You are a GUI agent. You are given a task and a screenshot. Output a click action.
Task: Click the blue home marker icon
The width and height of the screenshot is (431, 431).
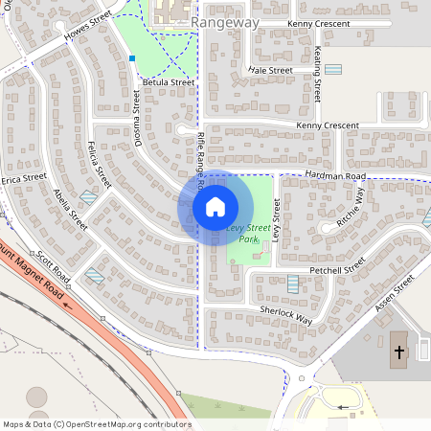click(215, 207)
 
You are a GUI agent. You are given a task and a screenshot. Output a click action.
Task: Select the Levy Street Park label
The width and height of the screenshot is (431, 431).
click(249, 234)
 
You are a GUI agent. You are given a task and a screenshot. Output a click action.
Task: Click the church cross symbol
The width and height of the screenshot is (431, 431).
click(398, 352)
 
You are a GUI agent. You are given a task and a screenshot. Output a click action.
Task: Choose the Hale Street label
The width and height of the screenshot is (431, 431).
click(270, 70)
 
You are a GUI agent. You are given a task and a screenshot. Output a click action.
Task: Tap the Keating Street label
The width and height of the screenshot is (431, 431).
click(317, 75)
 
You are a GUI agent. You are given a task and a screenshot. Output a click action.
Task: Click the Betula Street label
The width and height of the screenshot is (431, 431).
click(168, 82)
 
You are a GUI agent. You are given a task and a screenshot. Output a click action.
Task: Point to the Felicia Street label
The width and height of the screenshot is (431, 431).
click(99, 163)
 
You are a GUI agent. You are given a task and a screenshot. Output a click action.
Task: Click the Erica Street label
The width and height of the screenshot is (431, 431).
click(24, 179)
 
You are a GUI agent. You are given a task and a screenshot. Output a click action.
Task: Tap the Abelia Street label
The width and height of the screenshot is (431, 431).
click(71, 208)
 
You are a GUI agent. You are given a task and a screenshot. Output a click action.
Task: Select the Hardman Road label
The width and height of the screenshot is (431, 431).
click(335, 176)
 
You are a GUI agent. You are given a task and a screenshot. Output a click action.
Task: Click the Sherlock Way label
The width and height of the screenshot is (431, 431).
click(286, 315)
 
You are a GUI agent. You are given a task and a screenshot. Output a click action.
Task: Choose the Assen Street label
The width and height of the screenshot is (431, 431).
click(394, 291)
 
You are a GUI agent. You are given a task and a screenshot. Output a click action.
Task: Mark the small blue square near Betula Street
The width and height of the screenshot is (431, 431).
click(132, 58)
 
